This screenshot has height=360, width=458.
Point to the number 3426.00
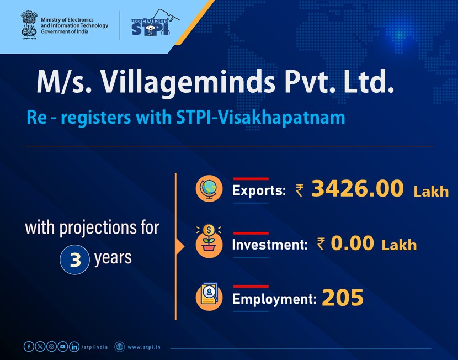[x=357, y=189]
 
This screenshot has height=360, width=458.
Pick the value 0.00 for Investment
[x=352, y=243]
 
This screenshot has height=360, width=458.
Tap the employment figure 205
[x=343, y=298]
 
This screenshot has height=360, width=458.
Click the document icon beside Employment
[x=209, y=297]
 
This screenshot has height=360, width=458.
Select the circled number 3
[x=74, y=260]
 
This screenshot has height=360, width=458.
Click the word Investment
[x=269, y=245]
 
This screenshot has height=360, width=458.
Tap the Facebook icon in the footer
[x=29, y=346]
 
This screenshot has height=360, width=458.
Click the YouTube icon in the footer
[x=63, y=346]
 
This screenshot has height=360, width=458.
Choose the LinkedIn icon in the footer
[x=74, y=346]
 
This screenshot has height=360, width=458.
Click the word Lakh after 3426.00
[x=431, y=192]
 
